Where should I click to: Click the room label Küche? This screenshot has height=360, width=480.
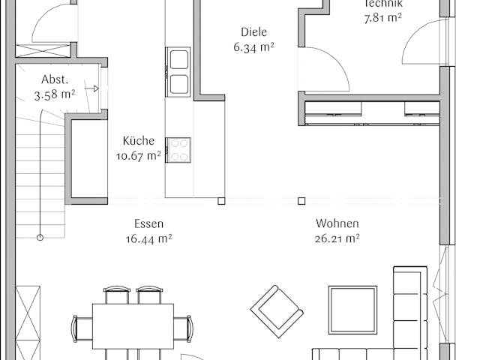coord(139,140)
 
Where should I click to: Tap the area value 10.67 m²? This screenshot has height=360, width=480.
coord(139,156)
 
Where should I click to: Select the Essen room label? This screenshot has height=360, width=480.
coord(149,223)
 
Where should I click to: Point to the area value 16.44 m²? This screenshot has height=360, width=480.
coord(149,239)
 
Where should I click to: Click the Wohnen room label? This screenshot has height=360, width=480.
coord(337,223)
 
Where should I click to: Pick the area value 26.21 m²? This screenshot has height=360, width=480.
coord(337,239)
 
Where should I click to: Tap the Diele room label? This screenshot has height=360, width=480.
coord(253,32)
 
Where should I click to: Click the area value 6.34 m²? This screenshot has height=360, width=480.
coord(253,47)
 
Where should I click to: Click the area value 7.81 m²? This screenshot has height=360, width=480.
coord(383,17)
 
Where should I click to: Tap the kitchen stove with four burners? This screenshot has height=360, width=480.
coord(178,150)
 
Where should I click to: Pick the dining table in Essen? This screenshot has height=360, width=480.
coord(133,325)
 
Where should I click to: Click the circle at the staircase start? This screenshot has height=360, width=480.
coord(40,238)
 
